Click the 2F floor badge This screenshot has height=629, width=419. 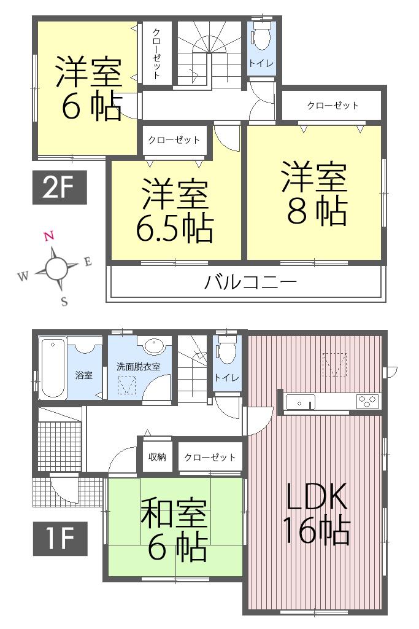[x=60, y=187]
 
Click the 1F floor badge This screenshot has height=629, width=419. [x=60, y=539]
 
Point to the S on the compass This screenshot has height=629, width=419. [x=64, y=302]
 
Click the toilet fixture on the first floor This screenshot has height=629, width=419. [x=227, y=352]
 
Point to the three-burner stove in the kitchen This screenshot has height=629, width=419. [x=367, y=402]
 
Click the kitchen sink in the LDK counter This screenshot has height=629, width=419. [x=300, y=402]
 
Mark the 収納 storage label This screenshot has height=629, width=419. [x=158, y=457]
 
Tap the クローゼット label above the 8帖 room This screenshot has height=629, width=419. [x=333, y=106]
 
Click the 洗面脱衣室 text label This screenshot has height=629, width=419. [x=139, y=367]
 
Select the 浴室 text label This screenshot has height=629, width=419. [x=84, y=375]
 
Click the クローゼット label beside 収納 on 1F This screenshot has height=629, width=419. [x=210, y=457]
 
